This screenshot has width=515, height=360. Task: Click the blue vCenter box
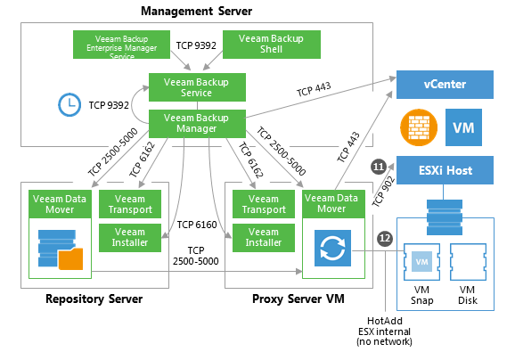[x=445, y=85]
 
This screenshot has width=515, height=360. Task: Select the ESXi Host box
[x=445, y=170]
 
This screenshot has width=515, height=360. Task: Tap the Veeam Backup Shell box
[x=271, y=45]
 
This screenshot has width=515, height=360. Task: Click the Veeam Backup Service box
[x=197, y=87]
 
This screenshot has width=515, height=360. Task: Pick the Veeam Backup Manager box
[x=197, y=124]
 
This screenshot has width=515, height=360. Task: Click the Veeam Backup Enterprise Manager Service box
[x=121, y=45]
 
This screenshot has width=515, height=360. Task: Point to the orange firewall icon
[x=419, y=127]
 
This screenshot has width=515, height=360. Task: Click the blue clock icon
[x=69, y=105]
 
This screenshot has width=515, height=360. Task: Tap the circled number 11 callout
[x=379, y=167]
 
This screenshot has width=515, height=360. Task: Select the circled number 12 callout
[x=385, y=238]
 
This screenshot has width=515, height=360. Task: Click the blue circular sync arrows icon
[x=332, y=248]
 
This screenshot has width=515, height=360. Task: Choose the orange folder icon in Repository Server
[x=70, y=259]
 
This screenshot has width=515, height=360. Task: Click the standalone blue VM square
[x=463, y=127]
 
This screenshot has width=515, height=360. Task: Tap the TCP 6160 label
[x=197, y=225]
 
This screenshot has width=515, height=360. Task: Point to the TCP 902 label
[x=383, y=192]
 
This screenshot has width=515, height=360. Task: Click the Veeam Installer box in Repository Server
[x=130, y=238]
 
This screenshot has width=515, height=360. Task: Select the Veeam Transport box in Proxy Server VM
[x=264, y=204]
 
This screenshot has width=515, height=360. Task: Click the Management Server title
[x=196, y=11]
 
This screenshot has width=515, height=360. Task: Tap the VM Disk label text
[x=468, y=295]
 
